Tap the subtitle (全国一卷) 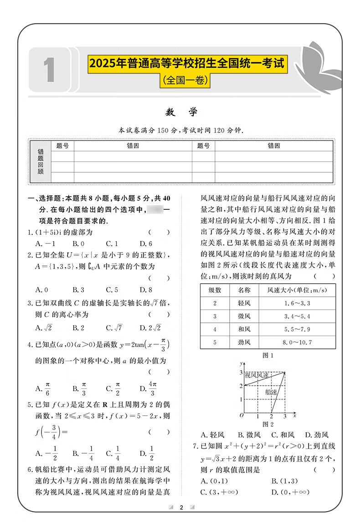point(186,81)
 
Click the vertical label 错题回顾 point(41,162)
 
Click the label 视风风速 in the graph point(259,375)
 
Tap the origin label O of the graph point(242,415)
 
